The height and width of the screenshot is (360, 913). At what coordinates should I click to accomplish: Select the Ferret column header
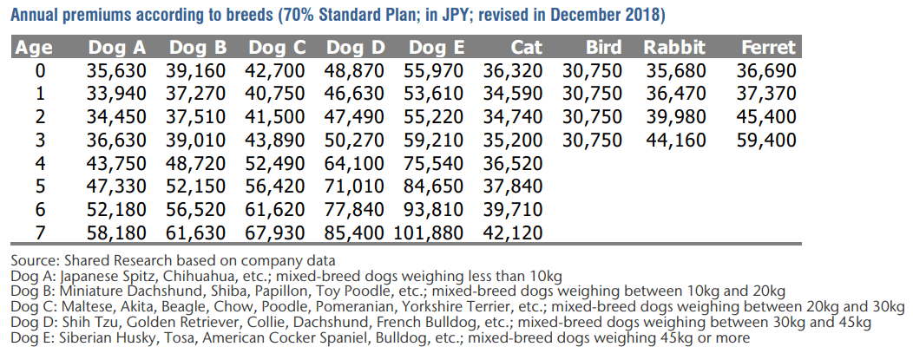point(768,48)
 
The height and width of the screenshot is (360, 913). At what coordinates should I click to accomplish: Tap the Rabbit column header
point(674,48)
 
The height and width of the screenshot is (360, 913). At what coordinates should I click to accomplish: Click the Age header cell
point(35,48)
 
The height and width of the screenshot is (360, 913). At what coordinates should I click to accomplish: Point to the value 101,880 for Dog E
point(430,232)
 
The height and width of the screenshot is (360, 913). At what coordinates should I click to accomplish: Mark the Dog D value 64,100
point(353,162)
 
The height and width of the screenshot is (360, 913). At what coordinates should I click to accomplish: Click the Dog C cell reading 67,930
point(276,232)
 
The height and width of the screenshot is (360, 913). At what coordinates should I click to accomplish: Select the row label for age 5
point(38,186)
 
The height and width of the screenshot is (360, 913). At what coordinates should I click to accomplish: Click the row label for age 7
point(38,232)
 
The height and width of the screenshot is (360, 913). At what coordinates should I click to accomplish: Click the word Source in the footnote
point(31,260)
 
